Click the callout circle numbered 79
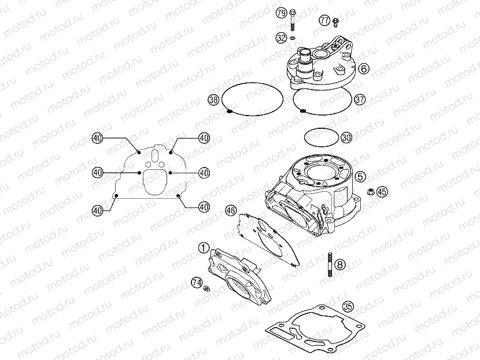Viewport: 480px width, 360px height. coord(281,13)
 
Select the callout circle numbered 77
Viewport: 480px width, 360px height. coord(324,20)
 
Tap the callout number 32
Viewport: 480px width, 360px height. coord(281,38)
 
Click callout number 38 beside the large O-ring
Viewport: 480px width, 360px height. coord(213,100)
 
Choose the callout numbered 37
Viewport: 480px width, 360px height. coord(360,99)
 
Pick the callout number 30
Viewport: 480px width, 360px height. coord(346,138)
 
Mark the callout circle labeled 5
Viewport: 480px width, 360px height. coord(360,176)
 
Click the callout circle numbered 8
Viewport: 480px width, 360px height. coord(340,265)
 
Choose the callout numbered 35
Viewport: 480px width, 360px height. coord(348,307)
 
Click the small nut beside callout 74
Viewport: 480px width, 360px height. coord(206,288)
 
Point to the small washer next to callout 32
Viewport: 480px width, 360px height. coord(293,38)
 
